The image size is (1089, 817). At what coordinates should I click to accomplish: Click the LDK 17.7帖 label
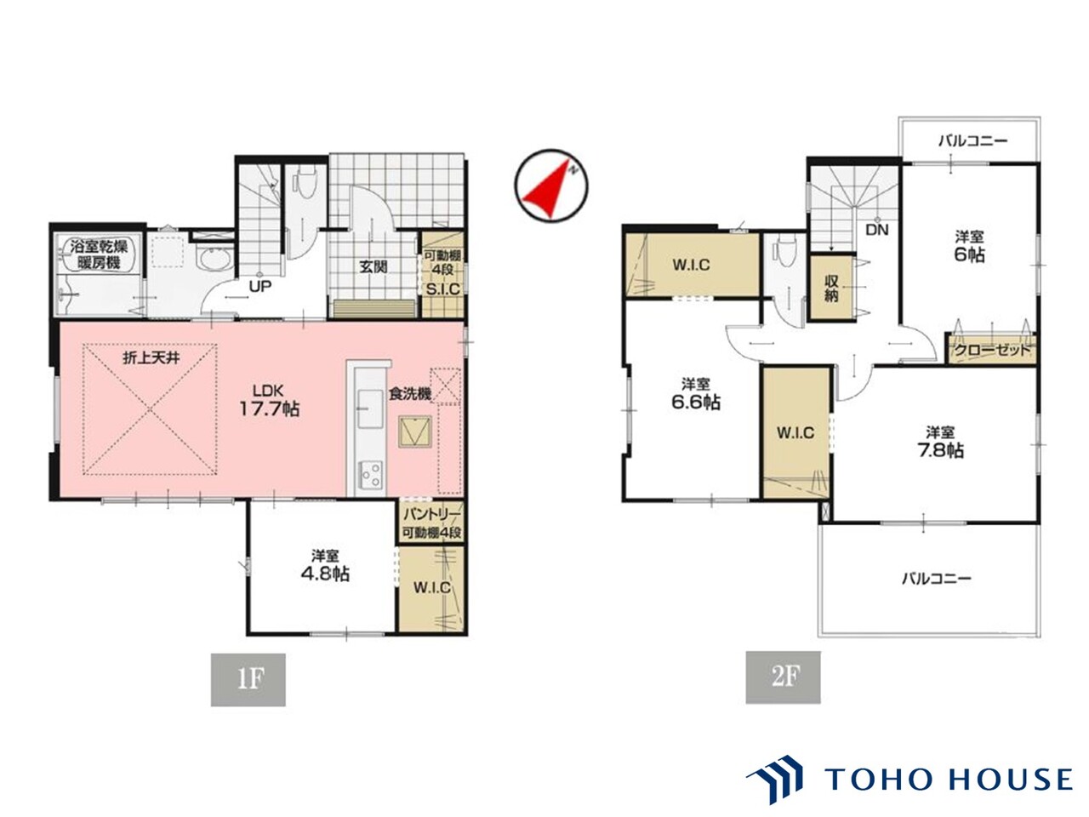point(269,400)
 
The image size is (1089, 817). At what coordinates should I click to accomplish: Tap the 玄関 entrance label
point(373,267)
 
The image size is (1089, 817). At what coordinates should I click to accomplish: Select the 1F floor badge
point(248,680)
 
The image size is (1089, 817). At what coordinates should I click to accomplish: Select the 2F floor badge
point(783,677)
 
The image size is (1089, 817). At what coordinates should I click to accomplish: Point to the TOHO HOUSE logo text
point(949,779)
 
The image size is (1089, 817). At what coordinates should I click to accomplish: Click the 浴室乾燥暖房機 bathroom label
point(99,254)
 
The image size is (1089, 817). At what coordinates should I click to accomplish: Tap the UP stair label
point(260,286)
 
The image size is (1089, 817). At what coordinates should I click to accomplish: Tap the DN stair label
point(877,230)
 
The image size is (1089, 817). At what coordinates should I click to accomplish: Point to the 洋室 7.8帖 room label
point(939,442)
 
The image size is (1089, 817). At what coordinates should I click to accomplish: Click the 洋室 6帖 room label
point(969,247)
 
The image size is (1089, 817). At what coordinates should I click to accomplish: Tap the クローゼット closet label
point(992,351)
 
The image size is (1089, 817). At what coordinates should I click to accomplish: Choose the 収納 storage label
point(831,289)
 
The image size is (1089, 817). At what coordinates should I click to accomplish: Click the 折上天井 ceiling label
point(151,358)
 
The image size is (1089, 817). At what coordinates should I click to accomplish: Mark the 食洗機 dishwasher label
point(410,394)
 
